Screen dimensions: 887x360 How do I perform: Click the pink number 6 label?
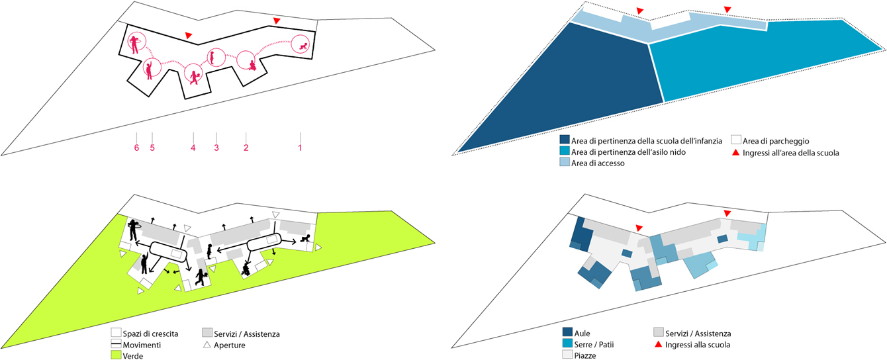tap(136, 148)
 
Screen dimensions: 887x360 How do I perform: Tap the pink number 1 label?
tap(300, 148)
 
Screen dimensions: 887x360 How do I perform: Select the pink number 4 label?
tap(193, 148)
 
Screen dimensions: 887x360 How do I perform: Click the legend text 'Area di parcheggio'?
tap(776, 141)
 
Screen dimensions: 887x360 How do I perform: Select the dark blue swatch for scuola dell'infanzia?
tap(564, 140)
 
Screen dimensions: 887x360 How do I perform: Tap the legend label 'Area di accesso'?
tap(598, 163)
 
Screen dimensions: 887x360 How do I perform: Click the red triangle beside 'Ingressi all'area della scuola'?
tap(735, 152)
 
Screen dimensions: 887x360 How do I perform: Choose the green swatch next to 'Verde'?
tap(116, 355)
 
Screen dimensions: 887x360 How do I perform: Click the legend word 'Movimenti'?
tap(142, 345)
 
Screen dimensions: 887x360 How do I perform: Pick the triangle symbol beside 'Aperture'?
tap(207, 345)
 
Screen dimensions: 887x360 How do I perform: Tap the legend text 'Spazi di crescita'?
tap(150, 334)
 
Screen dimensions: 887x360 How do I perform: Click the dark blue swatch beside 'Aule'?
tap(567, 332)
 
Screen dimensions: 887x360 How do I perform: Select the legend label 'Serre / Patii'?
tap(594, 345)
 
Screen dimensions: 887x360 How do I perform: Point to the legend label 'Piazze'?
tap(585, 355)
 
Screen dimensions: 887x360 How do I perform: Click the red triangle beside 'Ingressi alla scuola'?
tap(658, 344)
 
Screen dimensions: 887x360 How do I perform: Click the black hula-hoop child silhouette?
tap(133, 230)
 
